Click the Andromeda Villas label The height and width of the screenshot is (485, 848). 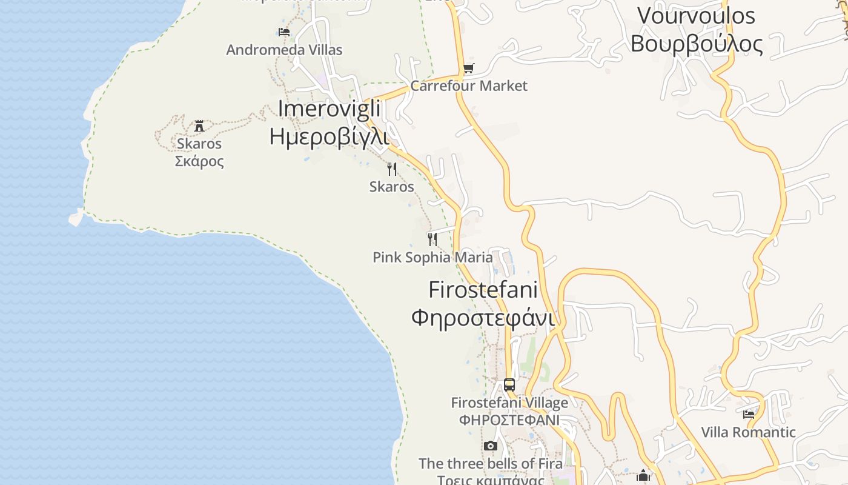point(284,50)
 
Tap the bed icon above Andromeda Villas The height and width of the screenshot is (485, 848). point(284,32)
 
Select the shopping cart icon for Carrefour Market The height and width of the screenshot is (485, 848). point(468,69)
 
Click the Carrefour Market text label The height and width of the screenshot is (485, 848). point(469,86)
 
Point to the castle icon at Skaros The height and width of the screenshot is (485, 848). point(199,126)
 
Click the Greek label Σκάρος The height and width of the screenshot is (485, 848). point(199,161)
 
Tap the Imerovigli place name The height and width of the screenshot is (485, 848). point(329,109)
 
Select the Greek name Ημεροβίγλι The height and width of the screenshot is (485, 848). point(328,136)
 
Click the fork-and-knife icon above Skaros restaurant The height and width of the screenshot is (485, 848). point(392,169)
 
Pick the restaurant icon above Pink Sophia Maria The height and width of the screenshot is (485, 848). point(432,239)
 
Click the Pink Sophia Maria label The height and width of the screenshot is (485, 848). point(432,257)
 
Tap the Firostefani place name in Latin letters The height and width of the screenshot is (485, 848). point(483,289)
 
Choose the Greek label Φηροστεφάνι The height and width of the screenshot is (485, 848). point(483,317)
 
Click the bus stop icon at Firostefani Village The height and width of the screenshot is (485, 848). point(509,384)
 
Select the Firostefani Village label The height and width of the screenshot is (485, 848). point(509,403)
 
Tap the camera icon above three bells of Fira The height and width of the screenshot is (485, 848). point(491,446)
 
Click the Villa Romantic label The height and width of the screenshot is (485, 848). point(748,432)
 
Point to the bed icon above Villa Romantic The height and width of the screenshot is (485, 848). point(749,415)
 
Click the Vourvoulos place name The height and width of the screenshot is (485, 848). point(696,15)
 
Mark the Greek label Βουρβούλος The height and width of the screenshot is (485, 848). point(697,44)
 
